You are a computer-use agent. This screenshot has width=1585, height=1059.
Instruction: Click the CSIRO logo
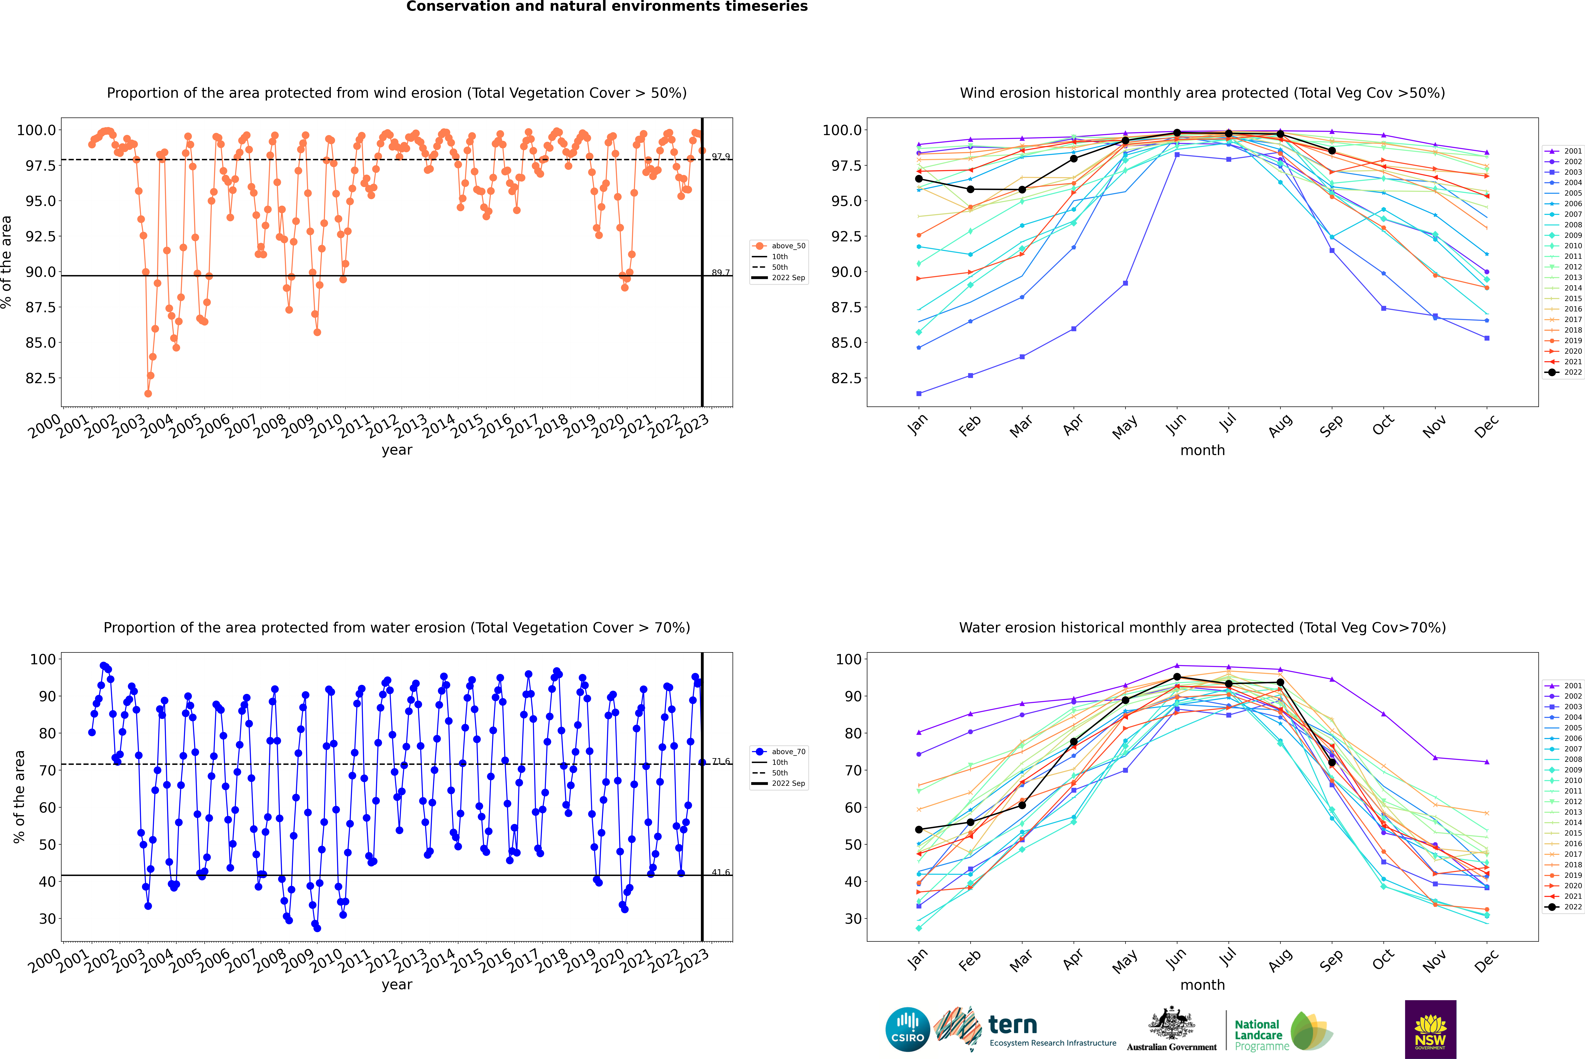click(x=907, y=1029)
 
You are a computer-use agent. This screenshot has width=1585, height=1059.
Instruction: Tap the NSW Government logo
click(x=1430, y=1029)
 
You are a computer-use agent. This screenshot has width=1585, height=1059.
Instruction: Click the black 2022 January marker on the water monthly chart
click(x=919, y=829)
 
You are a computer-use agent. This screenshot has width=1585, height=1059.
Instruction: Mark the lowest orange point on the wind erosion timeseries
click(x=148, y=393)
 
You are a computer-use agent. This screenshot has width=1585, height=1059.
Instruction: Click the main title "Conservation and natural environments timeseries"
click(x=607, y=7)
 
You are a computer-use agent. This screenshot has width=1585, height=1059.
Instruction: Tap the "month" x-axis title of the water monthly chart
click(x=1202, y=985)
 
